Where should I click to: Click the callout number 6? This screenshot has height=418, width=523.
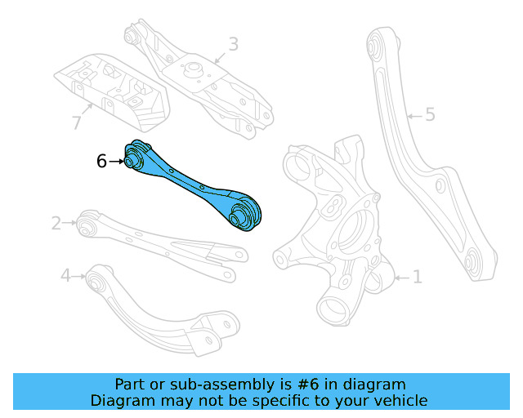[101, 162]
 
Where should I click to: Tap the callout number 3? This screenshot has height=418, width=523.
[233, 44]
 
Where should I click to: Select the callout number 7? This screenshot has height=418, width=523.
[76, 123]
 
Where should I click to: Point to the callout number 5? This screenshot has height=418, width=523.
[430, 115]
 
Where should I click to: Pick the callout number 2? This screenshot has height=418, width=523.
[56, 222]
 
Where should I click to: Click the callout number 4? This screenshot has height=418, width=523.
[66, 276]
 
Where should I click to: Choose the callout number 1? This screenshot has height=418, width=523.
[417, 278]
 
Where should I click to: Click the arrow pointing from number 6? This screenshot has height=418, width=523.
[115, 162]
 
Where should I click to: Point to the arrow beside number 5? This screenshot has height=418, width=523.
[413, 115]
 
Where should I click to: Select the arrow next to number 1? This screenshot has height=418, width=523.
[400, 278]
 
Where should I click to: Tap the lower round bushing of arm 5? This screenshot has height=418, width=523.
[472, 264]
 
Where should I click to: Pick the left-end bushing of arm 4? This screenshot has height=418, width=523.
[96, 281]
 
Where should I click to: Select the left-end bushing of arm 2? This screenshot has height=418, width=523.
[85, 221]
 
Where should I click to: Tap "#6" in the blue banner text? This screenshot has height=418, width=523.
[307, 384]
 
